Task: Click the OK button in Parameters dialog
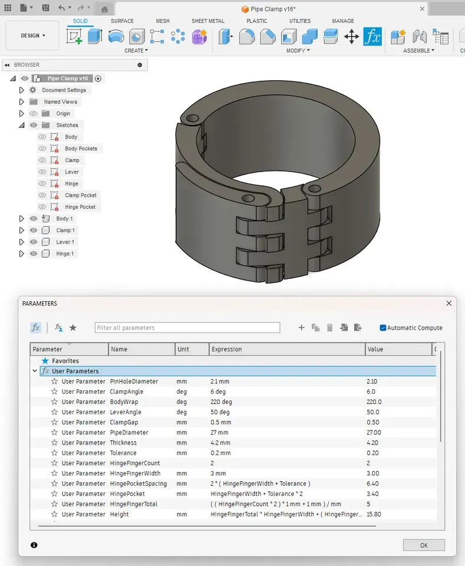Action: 424,545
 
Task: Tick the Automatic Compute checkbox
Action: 383,328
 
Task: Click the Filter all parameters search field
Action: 187,328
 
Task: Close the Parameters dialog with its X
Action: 449,303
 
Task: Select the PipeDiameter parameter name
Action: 129,432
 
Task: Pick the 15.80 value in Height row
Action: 374,514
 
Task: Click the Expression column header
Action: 227,349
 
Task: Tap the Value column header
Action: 375,349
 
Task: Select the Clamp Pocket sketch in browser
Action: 81,195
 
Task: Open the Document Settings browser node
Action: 64,90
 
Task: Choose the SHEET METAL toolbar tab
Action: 207,21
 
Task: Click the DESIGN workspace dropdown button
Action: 32,35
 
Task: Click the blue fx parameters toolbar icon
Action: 372,37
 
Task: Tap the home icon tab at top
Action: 104,9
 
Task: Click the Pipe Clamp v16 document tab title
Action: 272,9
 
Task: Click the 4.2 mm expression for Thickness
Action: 222,443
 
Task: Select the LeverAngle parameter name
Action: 126,412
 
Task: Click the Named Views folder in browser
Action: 60,102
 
